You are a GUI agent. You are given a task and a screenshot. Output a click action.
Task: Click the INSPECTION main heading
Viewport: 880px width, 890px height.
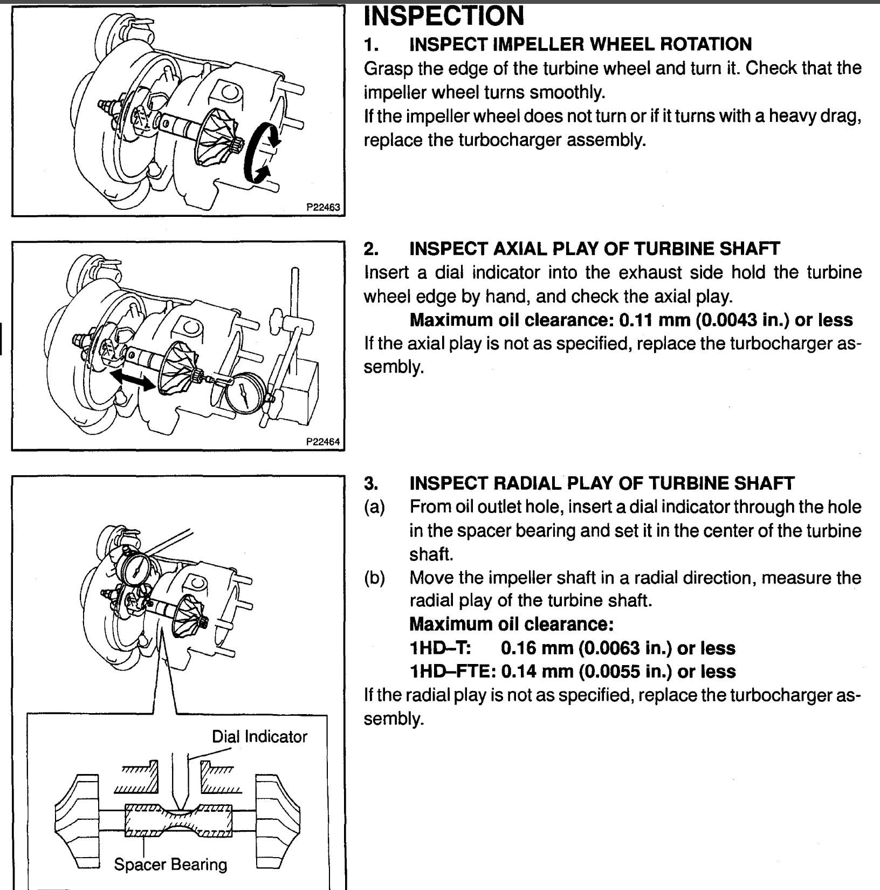tap(444, 15)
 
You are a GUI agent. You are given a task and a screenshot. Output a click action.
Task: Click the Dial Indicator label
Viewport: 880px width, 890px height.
tap(259, 736)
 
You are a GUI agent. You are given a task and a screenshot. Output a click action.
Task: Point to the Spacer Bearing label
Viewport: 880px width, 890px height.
tap(170, 864)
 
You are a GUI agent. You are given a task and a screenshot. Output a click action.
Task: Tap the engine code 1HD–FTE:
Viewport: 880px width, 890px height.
tap(453, 671)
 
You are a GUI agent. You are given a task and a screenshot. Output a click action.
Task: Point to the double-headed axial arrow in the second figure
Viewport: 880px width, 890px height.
tap(132, 380)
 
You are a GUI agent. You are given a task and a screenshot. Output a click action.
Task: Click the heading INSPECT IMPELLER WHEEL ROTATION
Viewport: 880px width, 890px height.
tap(580, 44)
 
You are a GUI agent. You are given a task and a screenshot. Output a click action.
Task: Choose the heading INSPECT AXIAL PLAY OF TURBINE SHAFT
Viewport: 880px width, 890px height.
tap(594, 249)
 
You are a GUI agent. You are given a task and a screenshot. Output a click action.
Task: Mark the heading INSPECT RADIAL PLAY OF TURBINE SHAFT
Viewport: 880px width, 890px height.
tap(602, 483)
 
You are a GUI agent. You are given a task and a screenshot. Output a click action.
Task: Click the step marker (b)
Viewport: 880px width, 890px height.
tap(374, 578)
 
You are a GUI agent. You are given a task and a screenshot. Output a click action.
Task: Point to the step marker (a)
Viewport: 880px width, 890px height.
tap(374, 506)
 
